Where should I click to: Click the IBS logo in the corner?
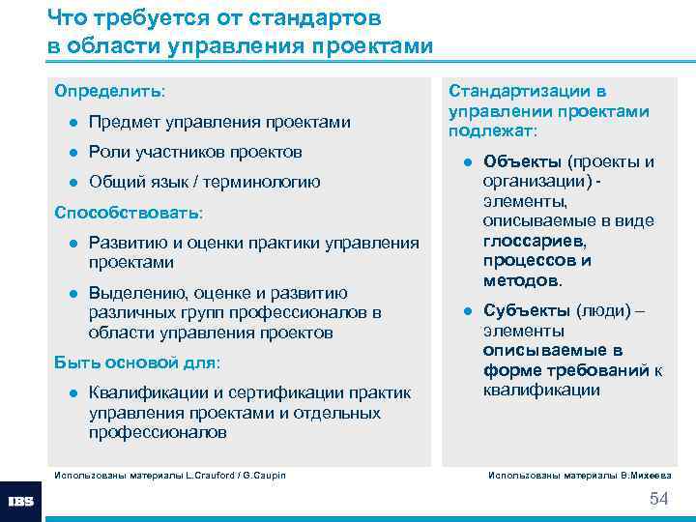point(20,502)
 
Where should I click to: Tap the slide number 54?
point(658,499)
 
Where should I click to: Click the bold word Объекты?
point(522,161)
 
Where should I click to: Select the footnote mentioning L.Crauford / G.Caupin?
point(169,475)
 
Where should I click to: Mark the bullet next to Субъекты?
point(466,310)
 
